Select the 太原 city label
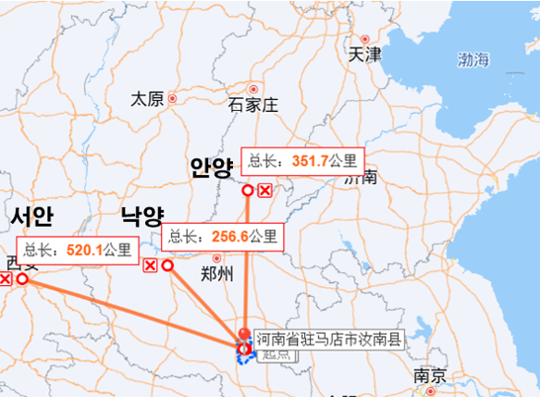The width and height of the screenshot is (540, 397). pyautogui.click(x=148, y=98)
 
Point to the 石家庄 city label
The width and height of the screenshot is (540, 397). pyautogui.click(x=252, y=104)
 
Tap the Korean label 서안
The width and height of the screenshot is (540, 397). pyautogui.click(x=32, y=217)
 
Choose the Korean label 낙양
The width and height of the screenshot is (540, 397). pyautogui.click(x=141, y=217)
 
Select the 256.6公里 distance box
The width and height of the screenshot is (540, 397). pyautogui.click(x=222, y=237)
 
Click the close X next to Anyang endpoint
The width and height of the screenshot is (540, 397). pyautogui.click(x=264, y=191)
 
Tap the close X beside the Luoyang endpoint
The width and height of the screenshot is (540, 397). pyautogui.click(x=150, y=267)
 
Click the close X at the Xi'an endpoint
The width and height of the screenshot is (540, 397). pyautogui.click(x=5, y=279)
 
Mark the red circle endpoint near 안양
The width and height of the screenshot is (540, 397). pyautogui.click(x=248, y=191)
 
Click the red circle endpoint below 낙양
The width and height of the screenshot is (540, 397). pyautogui.click(x=167, y=266)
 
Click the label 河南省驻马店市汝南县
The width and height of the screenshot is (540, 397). pyautogui.click(x=329, y=339)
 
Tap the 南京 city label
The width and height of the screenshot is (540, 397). pyautogui.click(x=431, y=377)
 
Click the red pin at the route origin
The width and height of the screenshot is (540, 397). pyautogui.click(x=244, y=335)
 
